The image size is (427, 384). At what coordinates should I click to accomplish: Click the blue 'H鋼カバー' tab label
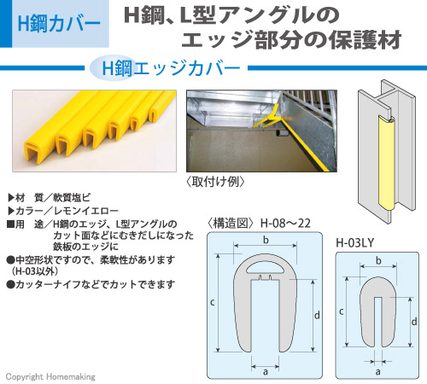click(x=59, y=24)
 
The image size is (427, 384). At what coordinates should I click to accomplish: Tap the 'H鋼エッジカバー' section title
click(x=171, y=68)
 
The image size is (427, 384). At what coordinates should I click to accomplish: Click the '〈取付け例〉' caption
click(x=215, y=182)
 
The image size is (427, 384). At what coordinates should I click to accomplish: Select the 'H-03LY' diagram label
click(x=354, y=243)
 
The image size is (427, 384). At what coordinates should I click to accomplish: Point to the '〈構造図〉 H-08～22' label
click(x=258, y=224)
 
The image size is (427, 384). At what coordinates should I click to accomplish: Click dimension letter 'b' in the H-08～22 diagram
click(x=266, y=240)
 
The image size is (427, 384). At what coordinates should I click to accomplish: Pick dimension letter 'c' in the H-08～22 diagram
click(x=213, y=302)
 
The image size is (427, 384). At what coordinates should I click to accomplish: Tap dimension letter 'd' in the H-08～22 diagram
click(x=317, y=315)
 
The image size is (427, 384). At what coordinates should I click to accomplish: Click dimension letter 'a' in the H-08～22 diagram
click(x=266, y=371)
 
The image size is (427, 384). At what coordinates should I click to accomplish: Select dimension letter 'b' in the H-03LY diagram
click(x=378, y=260)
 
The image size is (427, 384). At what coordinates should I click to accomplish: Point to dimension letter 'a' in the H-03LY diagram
click(x=377, y=371)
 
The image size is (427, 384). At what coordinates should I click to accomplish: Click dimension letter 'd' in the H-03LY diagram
click(x=414, y=322)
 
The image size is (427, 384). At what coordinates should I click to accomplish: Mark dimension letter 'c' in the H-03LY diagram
click(x=342, y=311)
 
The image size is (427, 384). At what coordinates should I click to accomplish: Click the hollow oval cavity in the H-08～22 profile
click(x=266, y=268)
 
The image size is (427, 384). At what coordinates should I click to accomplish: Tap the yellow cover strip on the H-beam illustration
click(x=386, y=163)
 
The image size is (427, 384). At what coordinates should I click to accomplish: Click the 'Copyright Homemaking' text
click(x=50, y=376)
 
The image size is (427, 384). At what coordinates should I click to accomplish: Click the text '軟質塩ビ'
click(x=72, y=197)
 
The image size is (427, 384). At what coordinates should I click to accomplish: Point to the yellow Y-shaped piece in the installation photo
click(x=267, y=117)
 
